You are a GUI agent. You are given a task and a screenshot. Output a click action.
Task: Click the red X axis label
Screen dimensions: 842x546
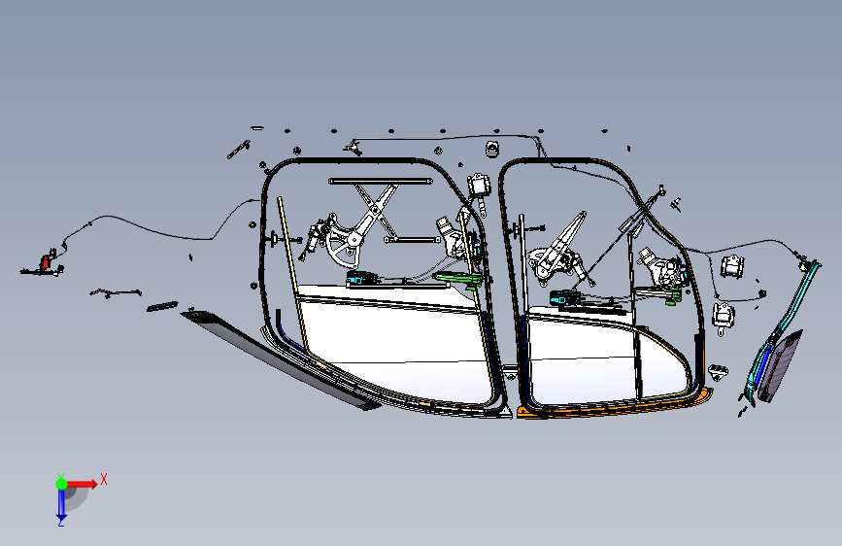click(103, 478)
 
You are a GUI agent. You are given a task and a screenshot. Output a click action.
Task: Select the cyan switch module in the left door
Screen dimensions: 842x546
click(362, 278)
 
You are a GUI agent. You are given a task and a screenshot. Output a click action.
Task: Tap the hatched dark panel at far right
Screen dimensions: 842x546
click(783, 364)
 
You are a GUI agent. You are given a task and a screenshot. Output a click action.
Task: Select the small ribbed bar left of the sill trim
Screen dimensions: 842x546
click(162, 307)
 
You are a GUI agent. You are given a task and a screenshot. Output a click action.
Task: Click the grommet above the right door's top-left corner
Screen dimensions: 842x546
click(491, 148)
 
